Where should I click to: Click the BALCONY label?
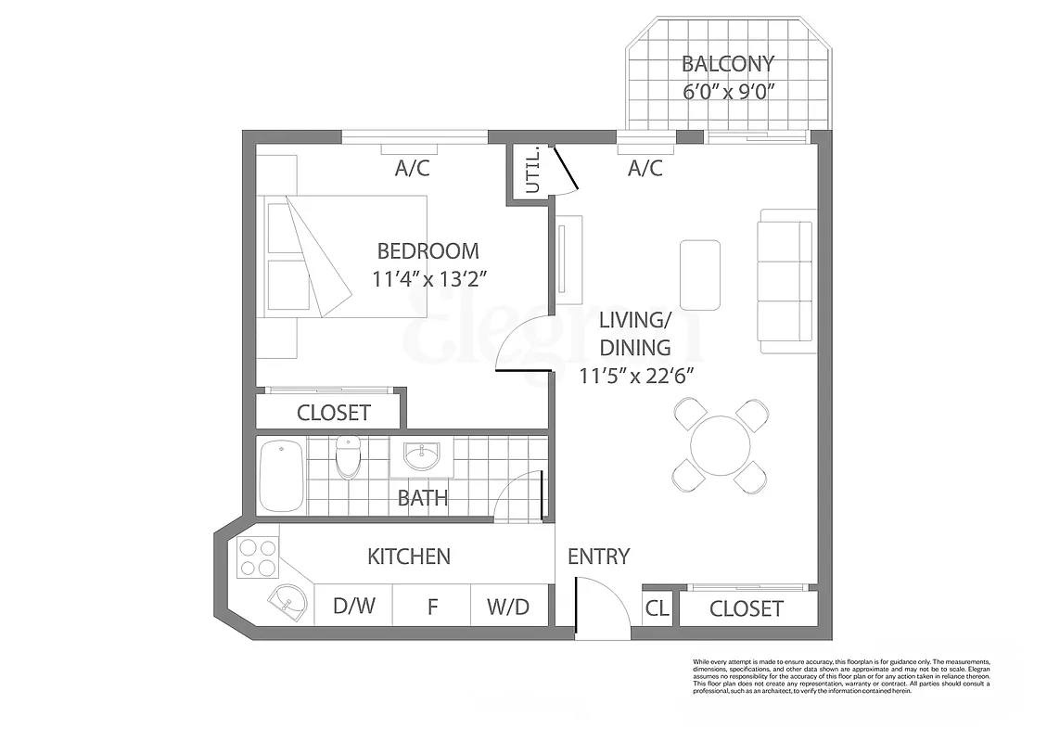click(x=727, y=64)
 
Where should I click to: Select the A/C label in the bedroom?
click(x=412, y=168)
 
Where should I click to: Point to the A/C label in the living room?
click(x=645, y=168)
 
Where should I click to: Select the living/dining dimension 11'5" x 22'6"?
click(x=636, y=376)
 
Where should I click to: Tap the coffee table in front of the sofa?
click(x=699, y=275)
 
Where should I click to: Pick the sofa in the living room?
click(x=785, y=281)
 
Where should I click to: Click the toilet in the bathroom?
click(x=348, y=455)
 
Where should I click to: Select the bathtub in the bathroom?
click(x=281, y=477)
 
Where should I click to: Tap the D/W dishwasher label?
click(x=354, y=607)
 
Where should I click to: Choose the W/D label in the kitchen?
click(x=507, y=608)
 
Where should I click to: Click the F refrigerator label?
click(x=431, y=608)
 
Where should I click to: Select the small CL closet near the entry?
click(x=657, y=608)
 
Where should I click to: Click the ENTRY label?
click(x=598, y=556)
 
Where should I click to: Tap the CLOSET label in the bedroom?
click(x=333, y=413)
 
